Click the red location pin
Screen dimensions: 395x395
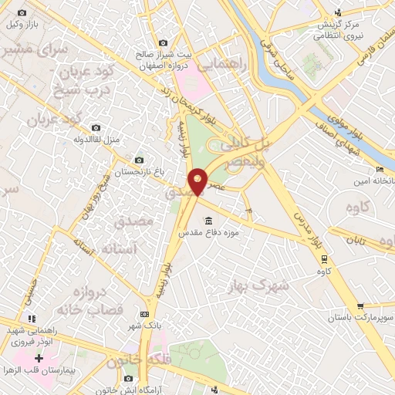pyautogui.click(x=198, y=181)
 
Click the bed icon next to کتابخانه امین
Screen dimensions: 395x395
pyautogui.click(x=379, y=170)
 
